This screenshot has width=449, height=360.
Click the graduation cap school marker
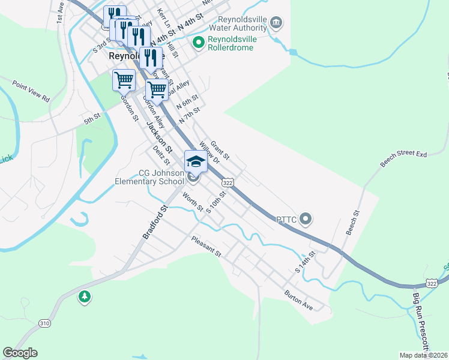(196, 161)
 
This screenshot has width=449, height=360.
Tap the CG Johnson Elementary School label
(161, 177)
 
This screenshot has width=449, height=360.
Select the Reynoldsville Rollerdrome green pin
(199, 43)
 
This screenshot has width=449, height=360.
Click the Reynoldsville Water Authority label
(238, 23)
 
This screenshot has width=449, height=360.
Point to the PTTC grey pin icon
(306, 219)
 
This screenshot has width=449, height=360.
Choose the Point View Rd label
(30, 91)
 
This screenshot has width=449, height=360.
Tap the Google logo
(20, 353)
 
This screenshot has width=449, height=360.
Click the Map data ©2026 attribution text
(423, 355)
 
